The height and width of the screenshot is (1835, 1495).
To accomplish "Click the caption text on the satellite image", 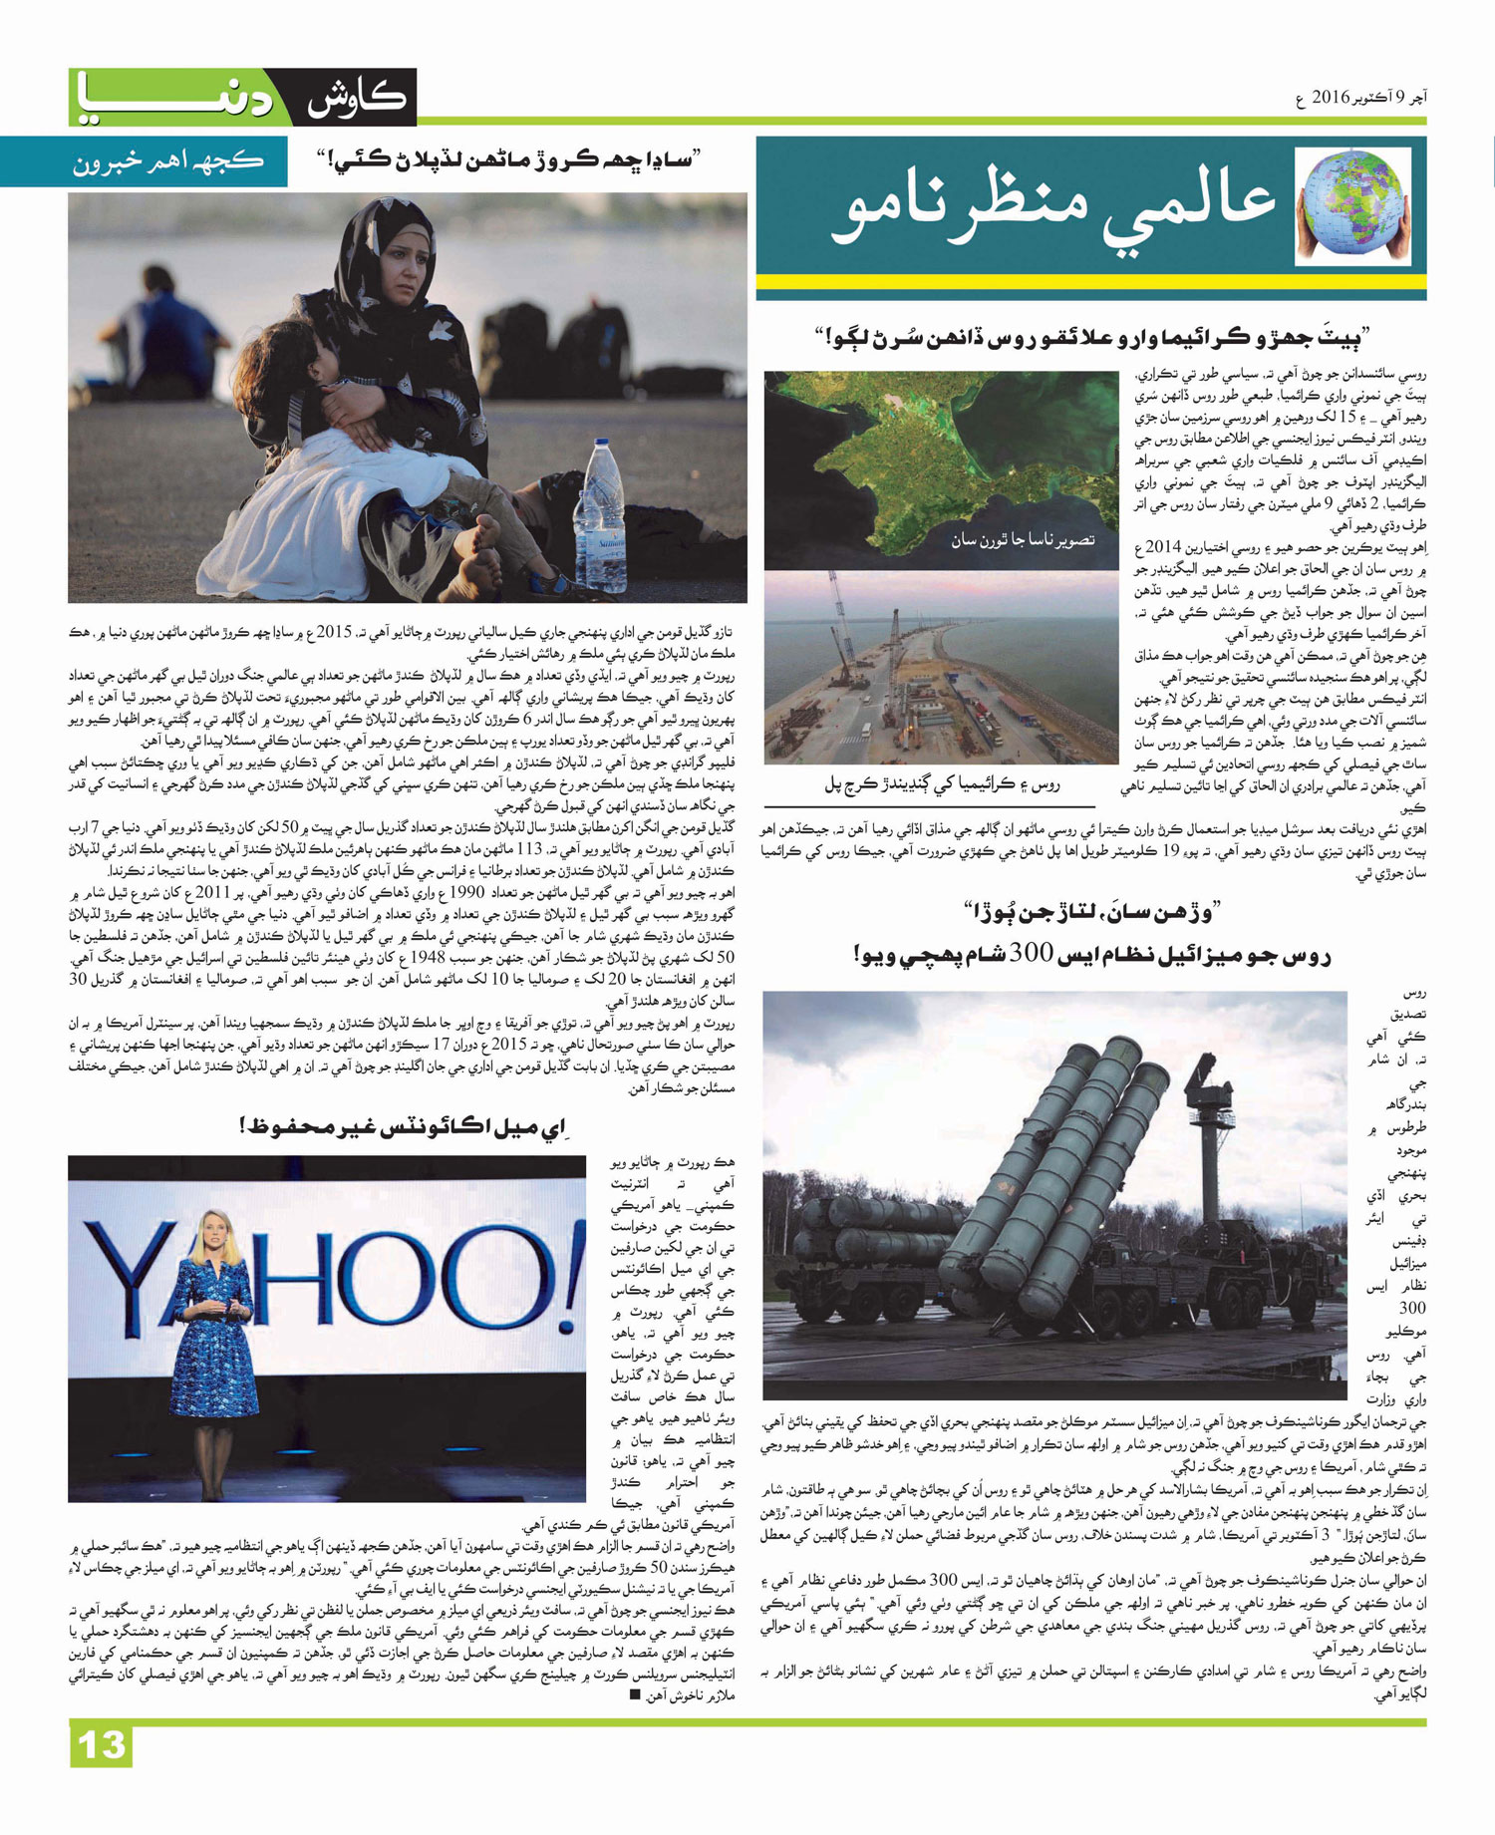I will pos(1022,540).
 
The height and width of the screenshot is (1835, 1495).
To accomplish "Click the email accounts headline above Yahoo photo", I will pos(403,1127).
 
